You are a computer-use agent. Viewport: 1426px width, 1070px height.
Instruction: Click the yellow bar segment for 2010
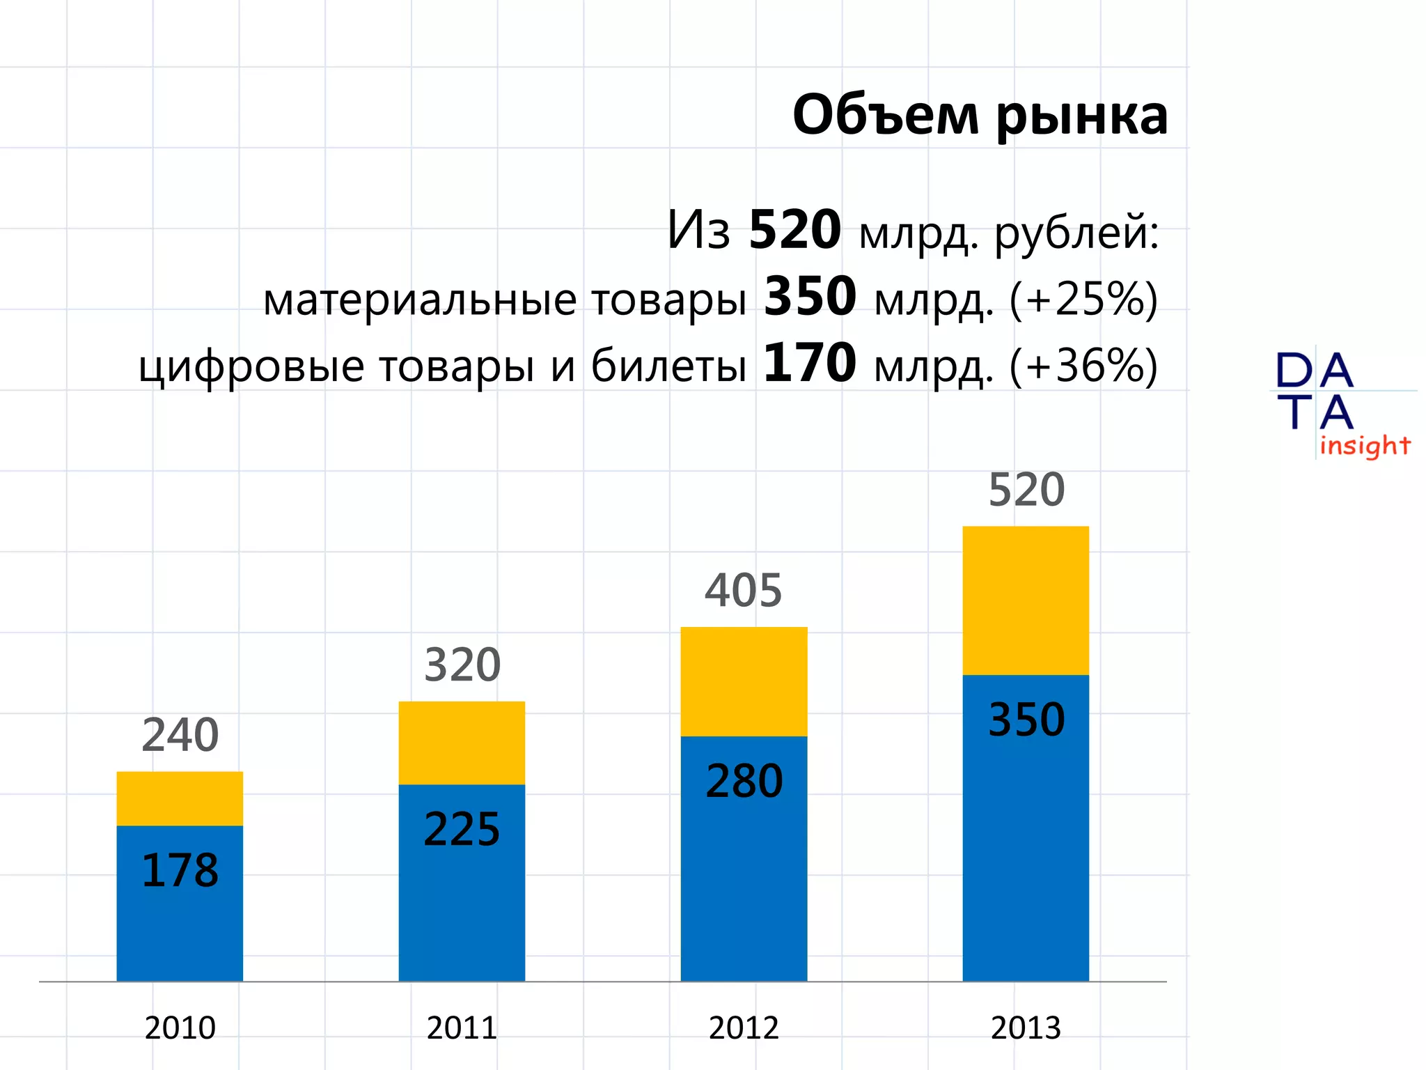click(180, 798)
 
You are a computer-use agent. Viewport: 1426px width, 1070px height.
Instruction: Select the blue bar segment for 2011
click(462, 906)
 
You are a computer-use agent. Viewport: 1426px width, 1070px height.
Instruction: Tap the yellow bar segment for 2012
click(744, 681)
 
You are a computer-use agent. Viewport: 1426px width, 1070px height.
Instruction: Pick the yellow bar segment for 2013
click(1026, 600)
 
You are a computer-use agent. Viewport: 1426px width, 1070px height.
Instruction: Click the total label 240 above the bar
click(180, 736)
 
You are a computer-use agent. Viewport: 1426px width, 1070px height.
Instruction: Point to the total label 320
click(462, 665)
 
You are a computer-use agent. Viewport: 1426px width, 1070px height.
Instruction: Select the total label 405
click(744, 591)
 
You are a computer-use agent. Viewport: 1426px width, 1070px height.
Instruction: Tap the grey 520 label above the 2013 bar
click(1026, 490)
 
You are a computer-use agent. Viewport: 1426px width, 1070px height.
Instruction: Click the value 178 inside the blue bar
click(180, 871)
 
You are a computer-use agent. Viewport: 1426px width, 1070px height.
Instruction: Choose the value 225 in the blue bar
click(462, 830)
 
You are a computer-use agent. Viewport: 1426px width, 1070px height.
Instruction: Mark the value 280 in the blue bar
click(744, 781)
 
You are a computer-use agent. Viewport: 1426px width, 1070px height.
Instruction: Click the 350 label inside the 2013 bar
click(1026, 720)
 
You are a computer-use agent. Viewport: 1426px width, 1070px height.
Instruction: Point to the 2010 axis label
click(180, 1028)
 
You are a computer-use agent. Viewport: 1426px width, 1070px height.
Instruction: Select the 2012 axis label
click(744, 1028)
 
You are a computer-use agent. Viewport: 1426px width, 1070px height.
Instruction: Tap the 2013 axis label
click(1026, 1028)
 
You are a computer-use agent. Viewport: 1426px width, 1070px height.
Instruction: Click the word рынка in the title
click(1081, 116)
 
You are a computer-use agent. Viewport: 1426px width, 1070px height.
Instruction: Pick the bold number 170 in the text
click(810, 364)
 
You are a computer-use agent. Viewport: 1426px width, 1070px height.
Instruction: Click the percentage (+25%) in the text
click(1083, 300)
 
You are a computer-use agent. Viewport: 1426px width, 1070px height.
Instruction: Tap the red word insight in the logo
click(1365, 446)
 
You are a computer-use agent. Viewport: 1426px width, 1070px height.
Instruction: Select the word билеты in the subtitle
click(668, 365)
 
